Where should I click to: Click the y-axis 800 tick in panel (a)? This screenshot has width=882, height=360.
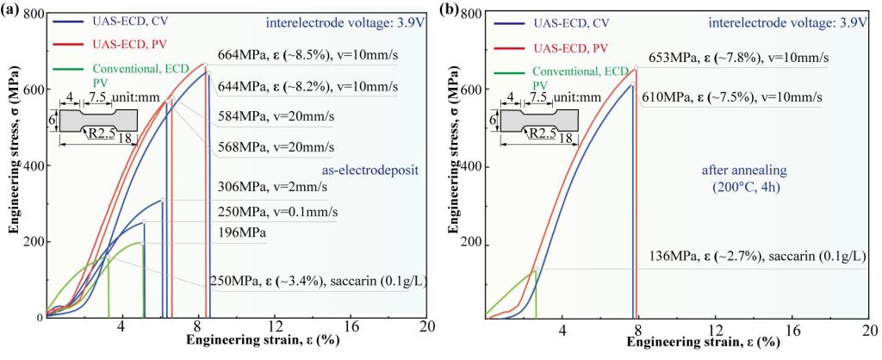coord(34,15)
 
